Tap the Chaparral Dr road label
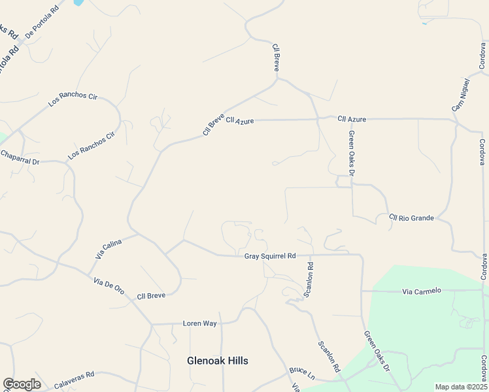pos(20,157)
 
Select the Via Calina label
pos(109,250)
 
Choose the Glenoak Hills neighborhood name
pos(218,361)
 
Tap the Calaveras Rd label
pos(74,380)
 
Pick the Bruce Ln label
pos(302,374)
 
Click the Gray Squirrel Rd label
pos(270,256)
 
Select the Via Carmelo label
pos(422,291)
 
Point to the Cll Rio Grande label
pos(411,218)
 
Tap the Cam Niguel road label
pos(461,95)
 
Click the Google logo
pos(22,384)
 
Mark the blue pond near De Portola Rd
pos(78,3)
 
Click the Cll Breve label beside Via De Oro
pos(151,296)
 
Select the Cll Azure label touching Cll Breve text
pos(239,121)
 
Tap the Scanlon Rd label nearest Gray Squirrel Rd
pos(309,280)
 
